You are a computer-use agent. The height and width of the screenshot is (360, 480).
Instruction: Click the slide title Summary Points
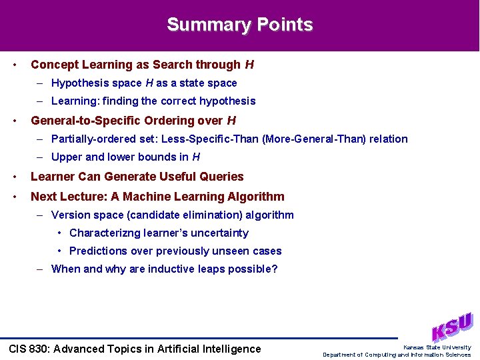click(x=240, y=25)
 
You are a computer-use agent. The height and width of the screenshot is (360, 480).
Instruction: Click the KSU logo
click(x=452, y=327)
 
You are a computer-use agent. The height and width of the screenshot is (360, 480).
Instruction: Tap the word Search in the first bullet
click(x=172, y=65)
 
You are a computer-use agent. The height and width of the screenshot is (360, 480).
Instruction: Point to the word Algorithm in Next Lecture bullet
click(x=257, y=197)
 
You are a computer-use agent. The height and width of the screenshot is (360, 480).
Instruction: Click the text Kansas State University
click(x=437, y=347)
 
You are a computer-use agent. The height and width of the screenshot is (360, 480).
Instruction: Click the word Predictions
click(x=98, y=251)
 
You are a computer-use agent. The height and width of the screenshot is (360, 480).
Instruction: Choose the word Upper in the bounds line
click(x=66, y=157)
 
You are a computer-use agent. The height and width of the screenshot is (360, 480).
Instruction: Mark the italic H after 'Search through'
click(x=249, y=65)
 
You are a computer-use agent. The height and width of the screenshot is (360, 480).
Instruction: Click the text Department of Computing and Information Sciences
click(x=397, y=355)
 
